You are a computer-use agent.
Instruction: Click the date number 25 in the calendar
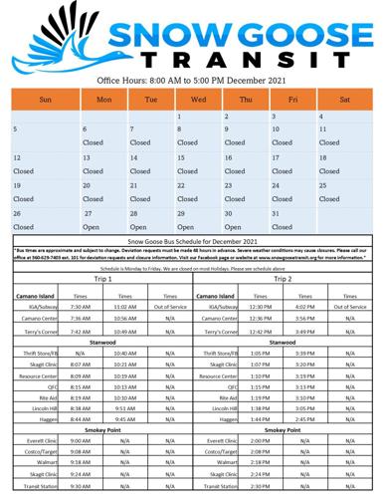323,185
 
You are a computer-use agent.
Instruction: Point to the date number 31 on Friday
275,213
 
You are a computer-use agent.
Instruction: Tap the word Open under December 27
92,226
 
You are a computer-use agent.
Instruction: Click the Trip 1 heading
102,279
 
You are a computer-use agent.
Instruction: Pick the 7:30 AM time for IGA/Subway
81,307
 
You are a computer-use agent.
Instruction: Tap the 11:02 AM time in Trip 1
125,307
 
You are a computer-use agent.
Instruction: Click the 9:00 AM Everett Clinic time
81,439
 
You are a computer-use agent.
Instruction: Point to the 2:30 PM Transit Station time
261,486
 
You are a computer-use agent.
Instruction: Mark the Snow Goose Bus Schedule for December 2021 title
192,242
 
